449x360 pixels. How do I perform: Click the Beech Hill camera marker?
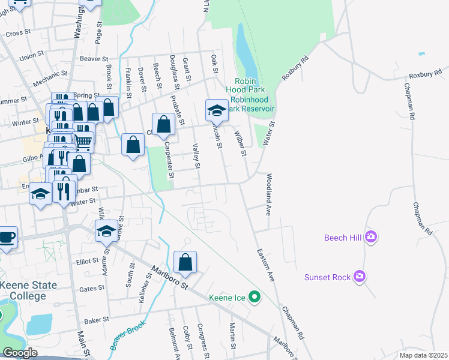point(371,237)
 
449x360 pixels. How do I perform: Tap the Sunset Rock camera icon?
point(360,276)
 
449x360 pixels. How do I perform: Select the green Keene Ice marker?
point(255,296)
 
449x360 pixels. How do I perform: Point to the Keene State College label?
point(23,290)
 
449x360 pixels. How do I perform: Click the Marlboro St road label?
point(170,277)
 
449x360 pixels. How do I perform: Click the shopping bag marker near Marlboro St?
point(185,262)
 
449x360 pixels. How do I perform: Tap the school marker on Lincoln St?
point(216,109)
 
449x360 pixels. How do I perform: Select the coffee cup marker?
point(7,237)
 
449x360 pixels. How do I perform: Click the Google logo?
point(19,353)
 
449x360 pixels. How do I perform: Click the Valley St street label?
point(195,155)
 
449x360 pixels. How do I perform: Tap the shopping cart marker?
point(84,142)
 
